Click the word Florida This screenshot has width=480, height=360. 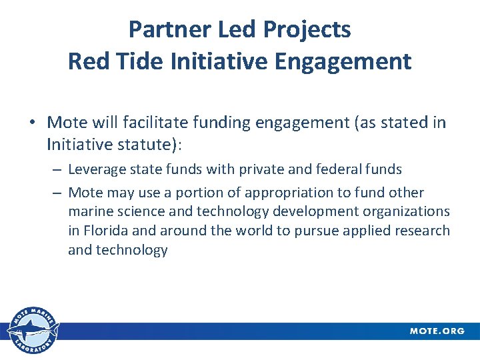pyautogui.click(x=108, y=231)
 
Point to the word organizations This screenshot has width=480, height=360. pyautogui.click(x=407, y=211)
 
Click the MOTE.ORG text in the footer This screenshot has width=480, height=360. pyautogui.click(x=437, y=331)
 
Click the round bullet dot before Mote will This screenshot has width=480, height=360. pyautogui.click(x=32, y=123)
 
